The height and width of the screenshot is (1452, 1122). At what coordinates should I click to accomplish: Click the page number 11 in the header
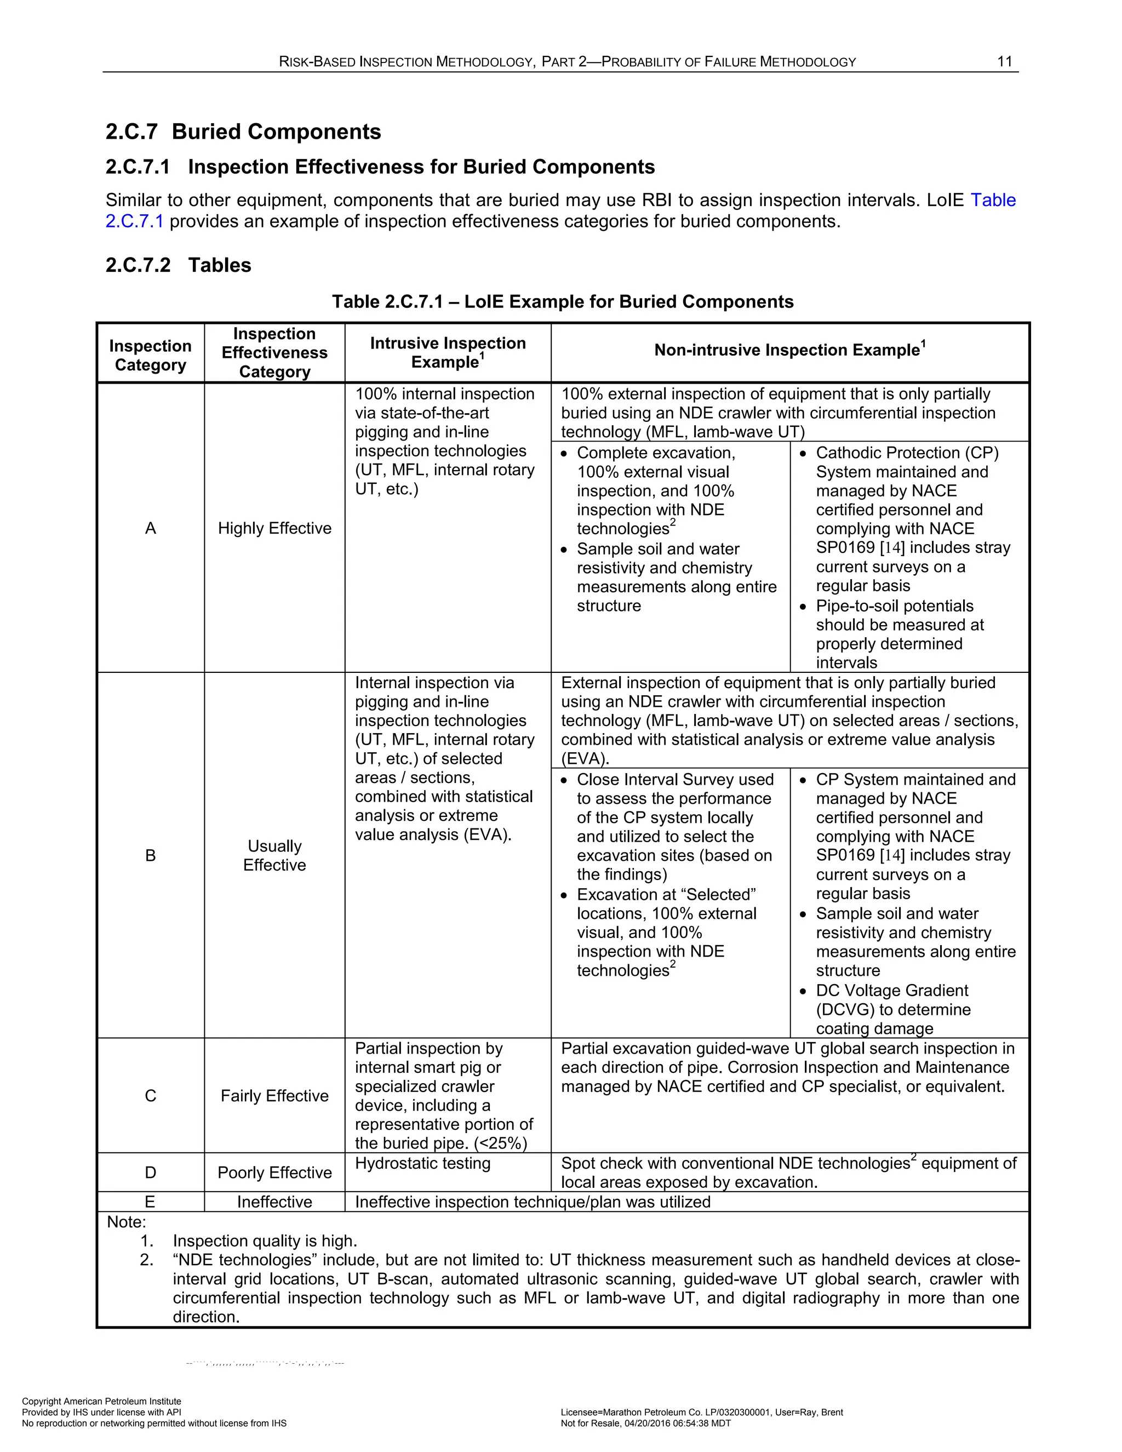click(x=1004, y=62)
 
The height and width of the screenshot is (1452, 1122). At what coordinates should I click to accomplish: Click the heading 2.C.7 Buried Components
click(x=243, y=132)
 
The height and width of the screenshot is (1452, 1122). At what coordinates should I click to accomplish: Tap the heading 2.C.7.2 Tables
click(x=178, y=265)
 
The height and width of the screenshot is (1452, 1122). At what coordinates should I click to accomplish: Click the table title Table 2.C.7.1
click(x=562, y=302)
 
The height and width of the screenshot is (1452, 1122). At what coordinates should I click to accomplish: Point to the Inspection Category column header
click(x=150, y=355)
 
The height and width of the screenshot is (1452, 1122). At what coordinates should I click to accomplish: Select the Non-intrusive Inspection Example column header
click(x=789, y=350)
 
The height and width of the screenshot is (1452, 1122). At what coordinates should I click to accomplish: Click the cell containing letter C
click(x=150, y=1096)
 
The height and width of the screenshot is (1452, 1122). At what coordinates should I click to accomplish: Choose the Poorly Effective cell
click(x=274, y=1172)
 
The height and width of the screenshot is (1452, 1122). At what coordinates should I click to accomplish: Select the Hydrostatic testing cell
click(x=423, y=1163)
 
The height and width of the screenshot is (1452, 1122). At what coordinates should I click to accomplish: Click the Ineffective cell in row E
click(x=274, y=1202)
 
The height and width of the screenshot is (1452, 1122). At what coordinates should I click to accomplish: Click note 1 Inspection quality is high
click(x=265, y=1241)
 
